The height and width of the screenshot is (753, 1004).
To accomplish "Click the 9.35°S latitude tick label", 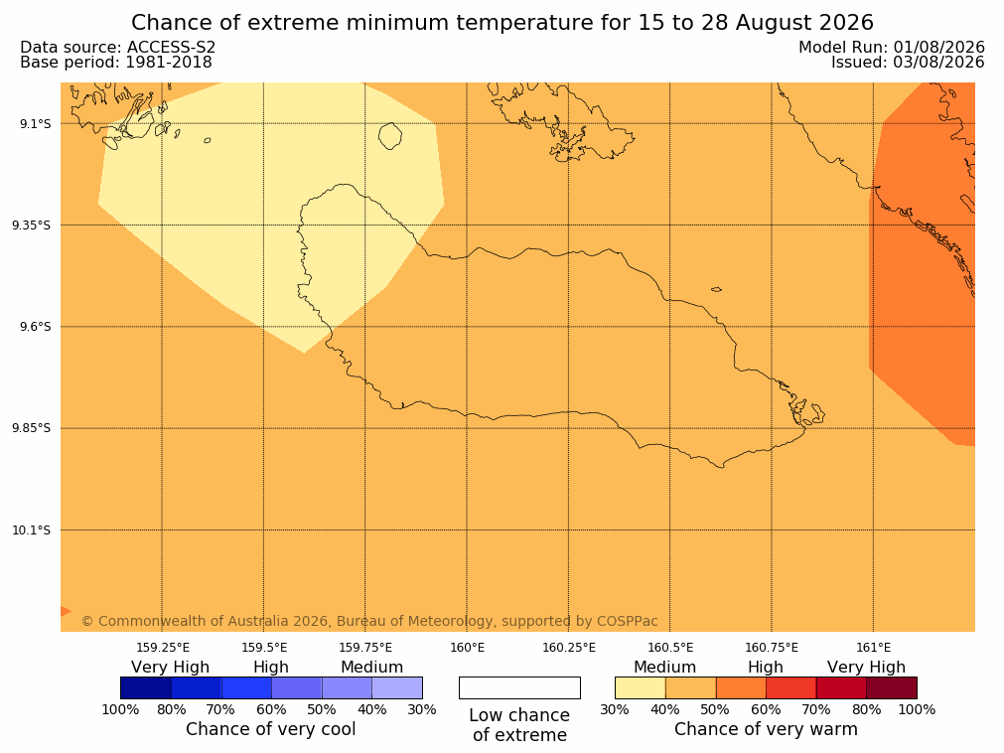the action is pyautogui.click(x=32, y=225).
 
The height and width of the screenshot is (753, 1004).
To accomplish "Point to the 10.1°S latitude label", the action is pyautogui.click(x=32, y=530).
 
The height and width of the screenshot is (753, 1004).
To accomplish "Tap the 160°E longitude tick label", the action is pyautogui.click(x=467, y=648).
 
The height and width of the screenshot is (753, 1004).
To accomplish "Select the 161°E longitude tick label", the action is pyautogui.click(x=873, y=648).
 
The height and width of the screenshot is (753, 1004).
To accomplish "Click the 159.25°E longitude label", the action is pyautogui.click(x=163, y=648).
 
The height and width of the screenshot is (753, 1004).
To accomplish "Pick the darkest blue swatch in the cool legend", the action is pyautogui.click(x=146, y=687).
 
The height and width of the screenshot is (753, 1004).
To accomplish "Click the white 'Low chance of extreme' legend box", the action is pyautogui.click(x=519, y=687).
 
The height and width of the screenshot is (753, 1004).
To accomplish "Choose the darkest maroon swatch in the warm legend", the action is pyautogui.click(x=892, y=687).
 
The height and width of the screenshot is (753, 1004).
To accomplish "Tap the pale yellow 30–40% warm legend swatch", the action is pyautogui.click(x=641, y=687).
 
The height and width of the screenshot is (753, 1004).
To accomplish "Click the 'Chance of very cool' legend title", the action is pyautogui.click(x=270, y=729).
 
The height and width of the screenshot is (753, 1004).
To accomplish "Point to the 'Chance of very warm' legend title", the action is pyautogui.click(x=766, y=729).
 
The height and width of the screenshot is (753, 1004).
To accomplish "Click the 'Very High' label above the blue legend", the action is pyautogui.click(x=171, y=668).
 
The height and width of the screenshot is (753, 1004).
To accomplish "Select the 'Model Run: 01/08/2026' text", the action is pyautogui.click(x=892, y=48).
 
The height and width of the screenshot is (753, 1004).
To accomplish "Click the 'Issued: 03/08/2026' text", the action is pyautogui.click(x=908, y=63).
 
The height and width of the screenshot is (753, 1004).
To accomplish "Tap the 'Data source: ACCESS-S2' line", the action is pyautogui.click(x=118, y=48).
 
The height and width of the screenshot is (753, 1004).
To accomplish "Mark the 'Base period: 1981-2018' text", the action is pyautogui.click(x=116, y=63).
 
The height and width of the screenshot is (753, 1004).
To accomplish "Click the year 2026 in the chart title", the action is pyautogui.click(x=845, y=23).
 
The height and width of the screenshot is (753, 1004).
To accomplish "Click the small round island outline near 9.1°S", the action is pyautogui.click(x=390, y=136).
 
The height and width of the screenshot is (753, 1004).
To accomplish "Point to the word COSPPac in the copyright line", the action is pyautogui.click(x=627, y=621).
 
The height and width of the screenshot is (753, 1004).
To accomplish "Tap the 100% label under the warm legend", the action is pyautogui.click(x=917, y=709).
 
